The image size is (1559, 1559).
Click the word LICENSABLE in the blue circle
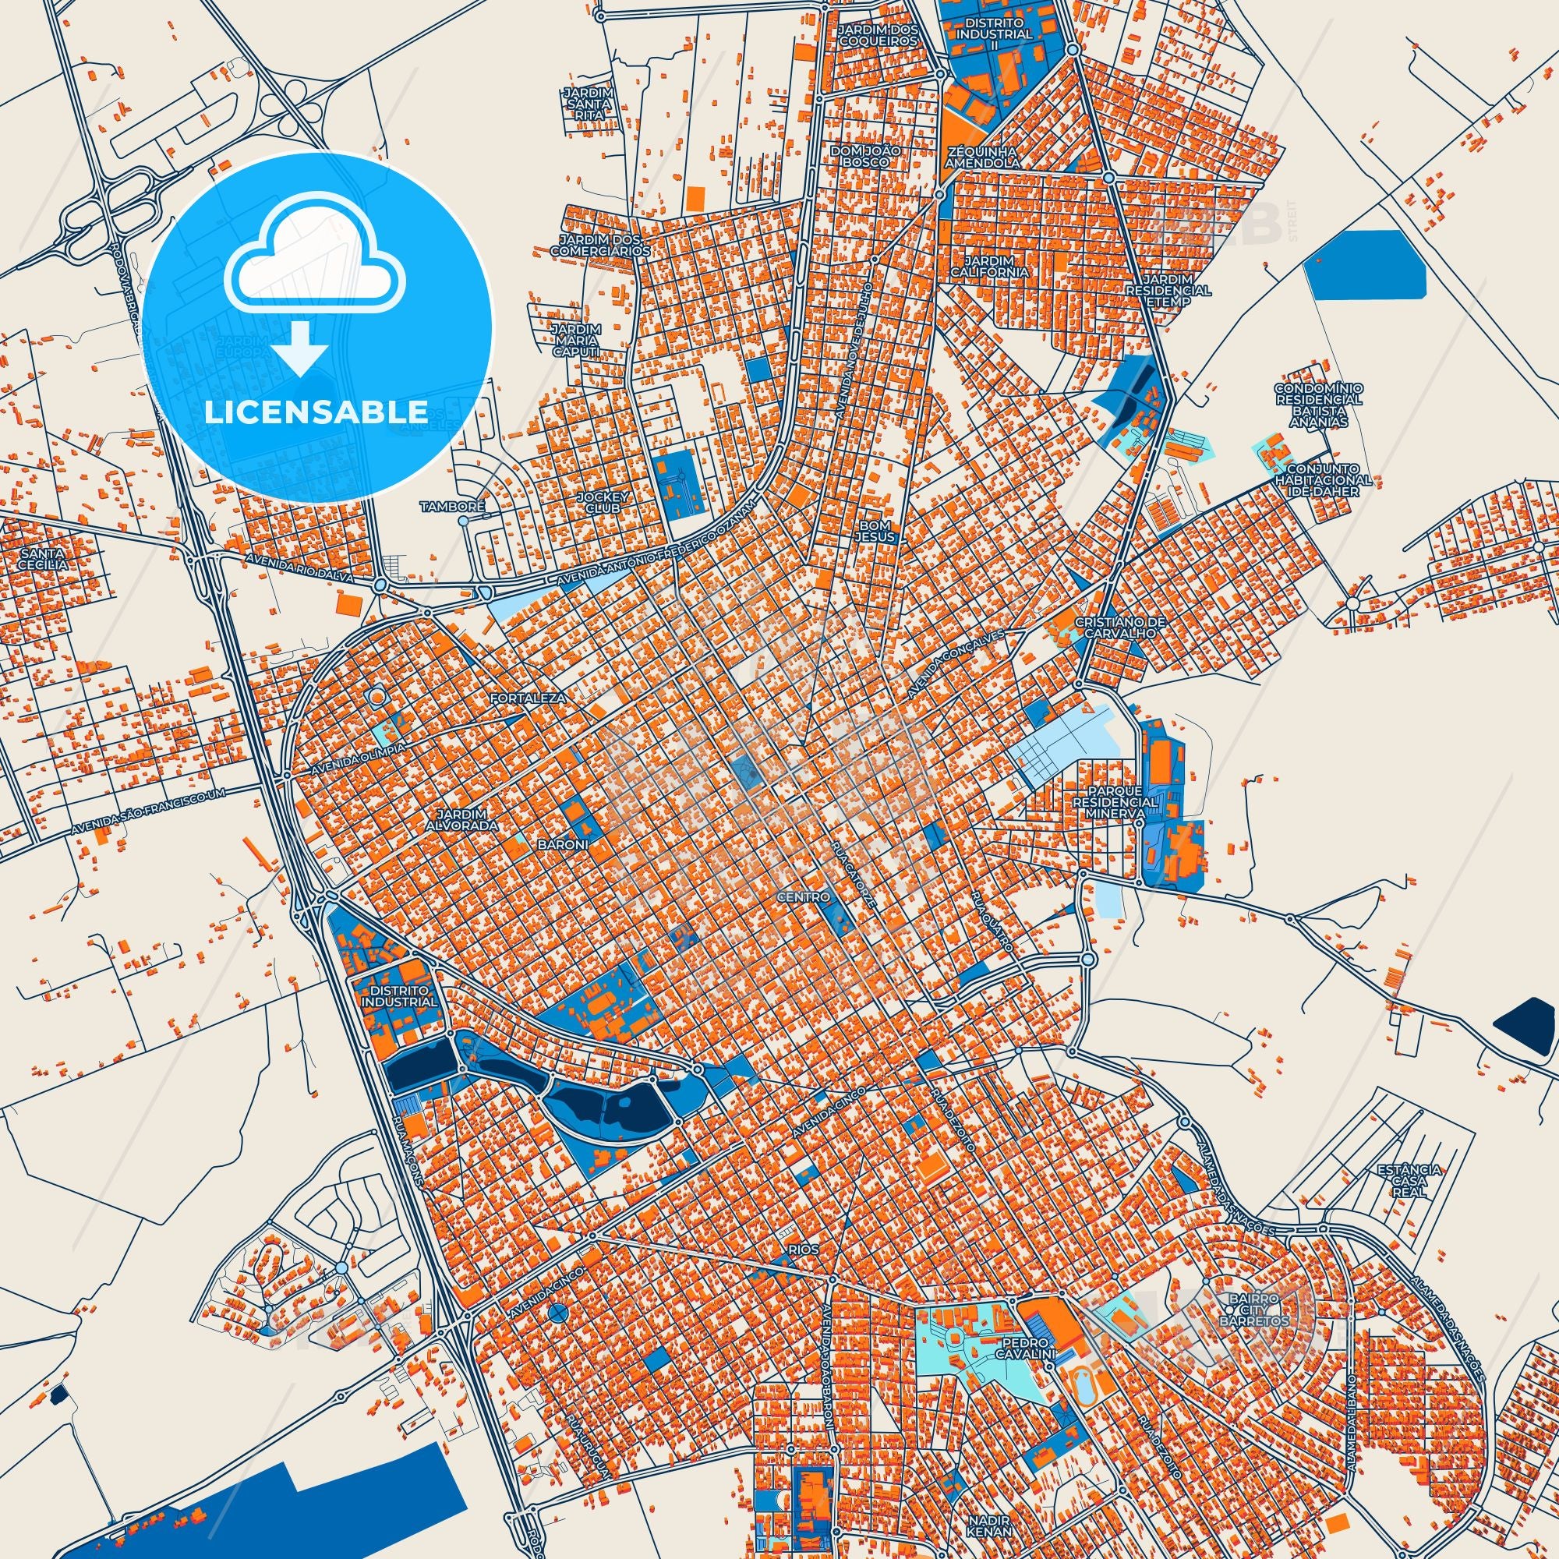[316, 412]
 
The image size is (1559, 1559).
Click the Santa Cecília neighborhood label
[45, 559]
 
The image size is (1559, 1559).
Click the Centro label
[804, 896]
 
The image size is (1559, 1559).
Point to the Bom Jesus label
[878, 530]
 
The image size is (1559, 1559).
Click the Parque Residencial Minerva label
[1115, 802]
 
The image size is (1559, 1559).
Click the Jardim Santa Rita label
[589, 104]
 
